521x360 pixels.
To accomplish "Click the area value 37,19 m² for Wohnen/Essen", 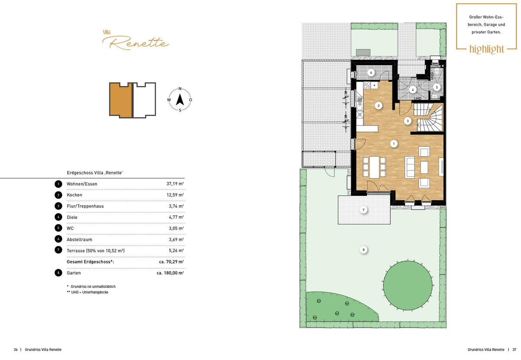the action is pos(175,184).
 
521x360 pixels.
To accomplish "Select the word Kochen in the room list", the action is pos(74,195).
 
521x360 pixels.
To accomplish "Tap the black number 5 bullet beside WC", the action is pos(58,228).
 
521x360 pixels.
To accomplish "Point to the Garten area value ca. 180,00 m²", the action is pos(170,273).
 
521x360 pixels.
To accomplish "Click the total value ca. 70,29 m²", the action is pos(171,262).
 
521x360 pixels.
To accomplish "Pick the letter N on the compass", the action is pos(180,89).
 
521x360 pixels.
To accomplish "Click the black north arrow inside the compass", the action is pos(180,99).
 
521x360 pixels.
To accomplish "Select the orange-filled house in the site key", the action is pos(121,100).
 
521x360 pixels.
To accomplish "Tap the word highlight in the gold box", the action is pos(487,49).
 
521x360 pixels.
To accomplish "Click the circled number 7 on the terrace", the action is pos(363,210).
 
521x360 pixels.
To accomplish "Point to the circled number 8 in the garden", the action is pos(363,250).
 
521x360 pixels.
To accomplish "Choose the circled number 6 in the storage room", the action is pos(371,73).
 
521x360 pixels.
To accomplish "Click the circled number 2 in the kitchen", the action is pos(379,106).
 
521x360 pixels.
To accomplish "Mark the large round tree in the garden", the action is pos(408,285).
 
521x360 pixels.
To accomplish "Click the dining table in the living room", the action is pos(374,167).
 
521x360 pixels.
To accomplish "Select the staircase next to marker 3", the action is pos(429,118).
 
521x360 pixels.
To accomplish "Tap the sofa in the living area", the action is pos(409,167).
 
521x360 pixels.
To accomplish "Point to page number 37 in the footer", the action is pos(514,350).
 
